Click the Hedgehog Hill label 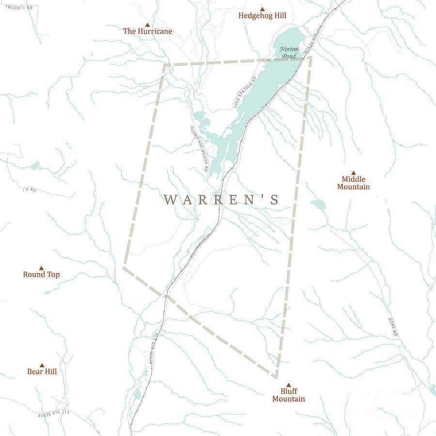(x=262, y=16)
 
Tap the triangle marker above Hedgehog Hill (x=262, y=9)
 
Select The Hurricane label (x=147, y=31)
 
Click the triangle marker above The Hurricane (x=147, y=25)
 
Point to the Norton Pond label (x=289, y=52)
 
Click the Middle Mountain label (x=353, y=183)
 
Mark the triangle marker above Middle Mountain (x=353, y=172)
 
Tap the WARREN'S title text (x=221, y=200)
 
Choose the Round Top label (x=41, y=274)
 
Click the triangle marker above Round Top (x=41, y=268)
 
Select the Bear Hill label (x=42, y=372)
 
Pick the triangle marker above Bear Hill (x=42, y=365)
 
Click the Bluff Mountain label (x=288, y=395)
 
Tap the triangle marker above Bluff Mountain (x=288, y=385)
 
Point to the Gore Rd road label (x=392, y=327)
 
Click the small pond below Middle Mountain (x=318, y=204)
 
